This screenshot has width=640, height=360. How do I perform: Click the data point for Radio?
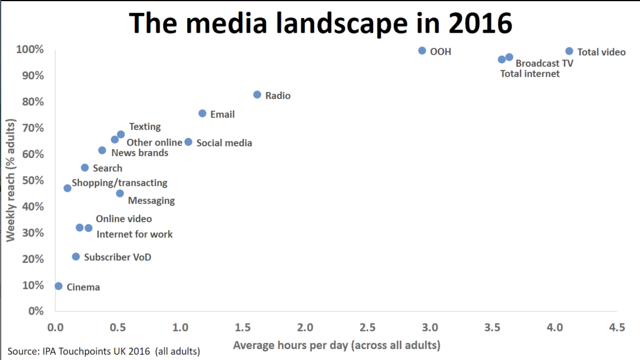pos(257,94)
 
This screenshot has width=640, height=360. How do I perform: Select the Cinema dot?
pos(59,286)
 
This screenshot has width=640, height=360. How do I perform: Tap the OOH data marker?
pos(422,51)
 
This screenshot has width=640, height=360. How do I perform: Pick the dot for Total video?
pos(569,51)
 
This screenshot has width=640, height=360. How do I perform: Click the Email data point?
pos(202,114)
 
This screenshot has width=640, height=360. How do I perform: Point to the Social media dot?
pos(188,142)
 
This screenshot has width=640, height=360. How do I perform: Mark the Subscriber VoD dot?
pos(76,256)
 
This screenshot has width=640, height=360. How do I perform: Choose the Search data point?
pos(85,168)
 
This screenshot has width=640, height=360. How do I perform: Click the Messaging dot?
pos(120,193)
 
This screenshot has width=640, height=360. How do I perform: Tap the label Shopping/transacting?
pos(119,183)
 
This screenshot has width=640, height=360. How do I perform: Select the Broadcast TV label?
pos(544,63)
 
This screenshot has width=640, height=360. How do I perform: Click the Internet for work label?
pos(134,234)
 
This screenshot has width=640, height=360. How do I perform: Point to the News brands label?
pos(139,153)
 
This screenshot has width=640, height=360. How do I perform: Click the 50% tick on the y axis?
pos(33,180)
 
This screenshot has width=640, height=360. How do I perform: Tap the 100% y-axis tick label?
pos(30,50)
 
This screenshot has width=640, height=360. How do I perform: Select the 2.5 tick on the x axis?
pos(367,327)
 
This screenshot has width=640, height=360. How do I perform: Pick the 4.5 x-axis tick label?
pos(617,327)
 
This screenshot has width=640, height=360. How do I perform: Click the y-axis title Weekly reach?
pos(10,180)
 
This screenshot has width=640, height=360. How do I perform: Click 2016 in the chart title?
pos(480,23)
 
